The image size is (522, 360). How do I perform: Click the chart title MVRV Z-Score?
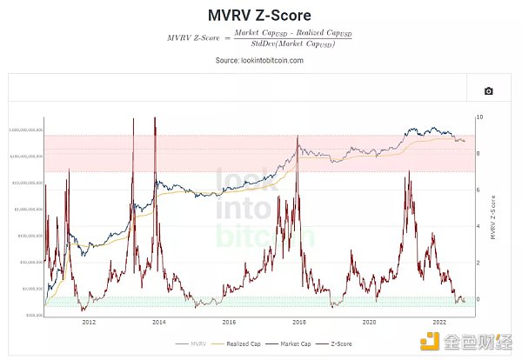click(x=260, y=16)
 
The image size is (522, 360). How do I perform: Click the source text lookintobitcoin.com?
click(x=260, y=61)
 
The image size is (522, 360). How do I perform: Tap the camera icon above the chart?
click(x=488, y=90)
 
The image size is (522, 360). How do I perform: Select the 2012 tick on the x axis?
click(x=88, y=322)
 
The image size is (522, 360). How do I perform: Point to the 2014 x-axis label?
click(x=158, y=322)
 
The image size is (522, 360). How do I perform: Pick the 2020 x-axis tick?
click(x=369, y=322)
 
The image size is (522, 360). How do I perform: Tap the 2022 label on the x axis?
click(x=439, y=322)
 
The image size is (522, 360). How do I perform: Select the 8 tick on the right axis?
click(x=479, y=153)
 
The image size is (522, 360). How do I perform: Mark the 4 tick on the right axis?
click(x=479, y=226)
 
